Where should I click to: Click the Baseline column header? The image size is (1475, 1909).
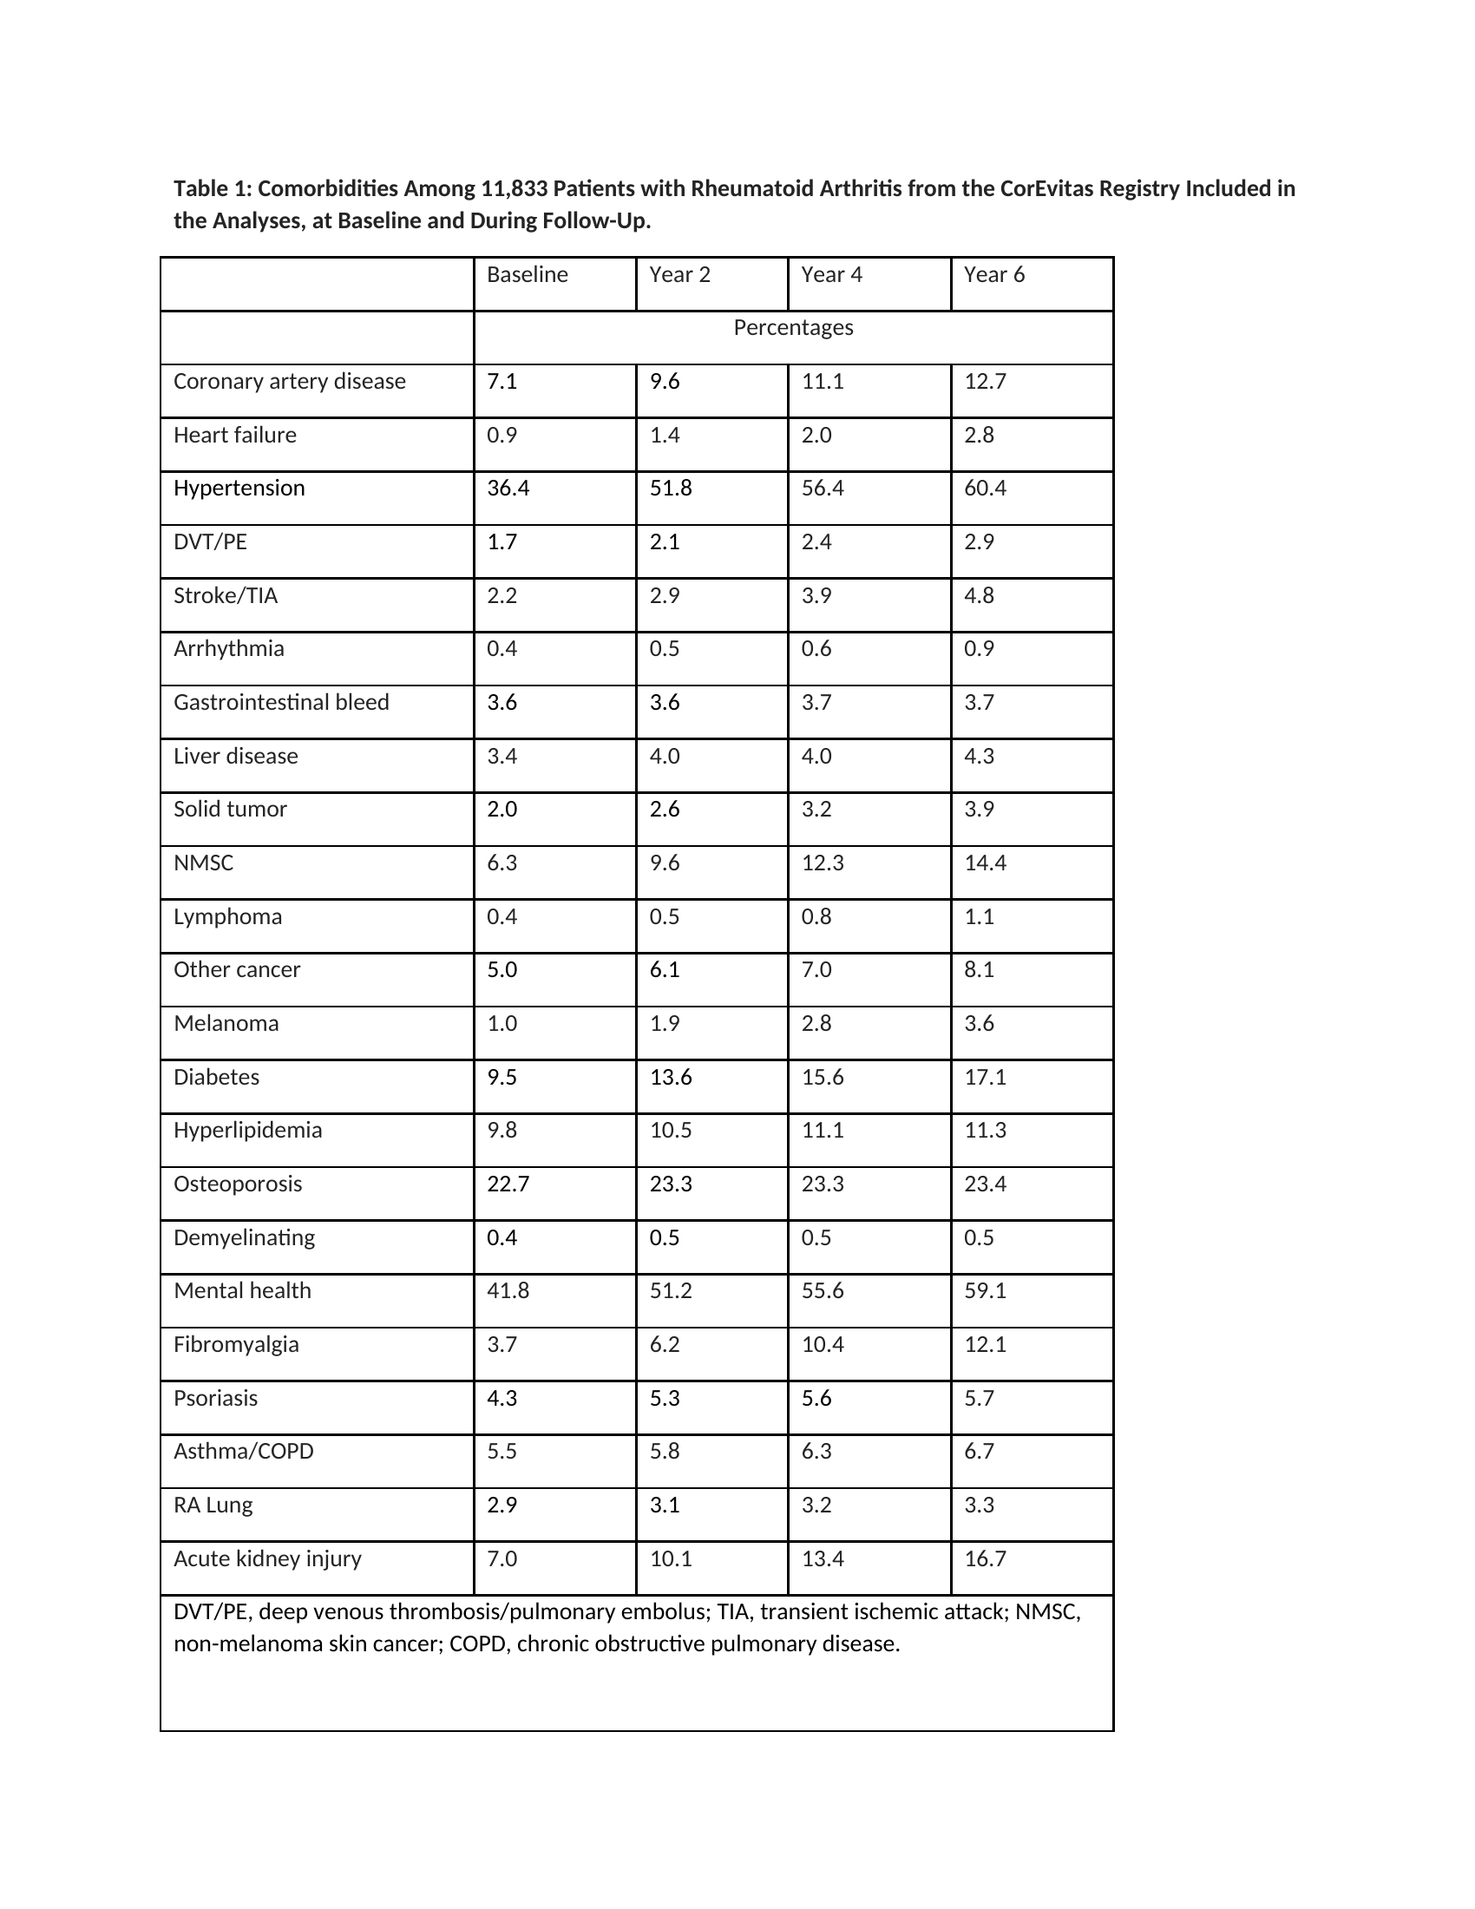click(527, 274)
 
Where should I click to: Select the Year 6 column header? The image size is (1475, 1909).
click(993, 274)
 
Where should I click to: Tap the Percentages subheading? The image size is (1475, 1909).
click(792, 328)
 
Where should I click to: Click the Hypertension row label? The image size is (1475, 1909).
click(239, 488)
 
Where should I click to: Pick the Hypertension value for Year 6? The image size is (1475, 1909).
click(985, 488)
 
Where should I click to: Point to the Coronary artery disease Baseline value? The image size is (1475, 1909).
click(501, 381)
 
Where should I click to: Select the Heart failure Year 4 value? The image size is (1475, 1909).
click(816, 436)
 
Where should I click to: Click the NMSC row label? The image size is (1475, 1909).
click(204, 863)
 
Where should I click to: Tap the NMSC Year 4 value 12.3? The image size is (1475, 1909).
click(823, 863)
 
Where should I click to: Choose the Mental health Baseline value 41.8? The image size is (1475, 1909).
click(508, 1290)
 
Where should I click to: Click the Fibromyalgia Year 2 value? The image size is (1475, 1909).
click(664, 1344)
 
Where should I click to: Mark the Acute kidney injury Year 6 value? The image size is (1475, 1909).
click(985, 1558)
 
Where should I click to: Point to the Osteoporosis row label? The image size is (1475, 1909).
click(238, 1184)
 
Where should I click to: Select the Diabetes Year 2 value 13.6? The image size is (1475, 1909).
click(670, 1077)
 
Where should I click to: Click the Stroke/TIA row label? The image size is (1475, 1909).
click(226, 595)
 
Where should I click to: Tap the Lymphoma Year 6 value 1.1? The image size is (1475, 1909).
click(979, 916)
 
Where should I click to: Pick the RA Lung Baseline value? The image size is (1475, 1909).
click(501, 1505)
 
